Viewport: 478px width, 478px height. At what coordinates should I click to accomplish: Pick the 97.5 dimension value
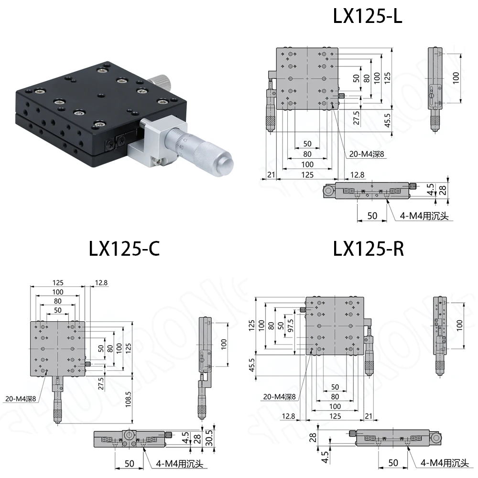click(x=290, y=329)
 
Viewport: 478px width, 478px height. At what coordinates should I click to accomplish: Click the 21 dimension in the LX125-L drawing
click(x=271, y=175)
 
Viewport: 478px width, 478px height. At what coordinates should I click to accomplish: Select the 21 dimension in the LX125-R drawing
click(x=369, y=416)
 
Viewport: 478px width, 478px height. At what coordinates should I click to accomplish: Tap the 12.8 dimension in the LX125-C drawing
click(x=101, y=283)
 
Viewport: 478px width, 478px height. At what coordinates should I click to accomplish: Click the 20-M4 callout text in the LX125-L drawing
click(x=365, y=154)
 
